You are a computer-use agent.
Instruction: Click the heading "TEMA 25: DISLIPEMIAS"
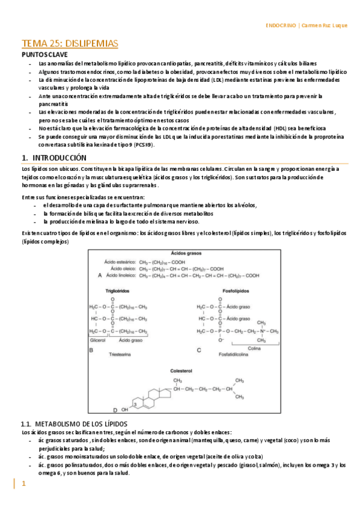70,43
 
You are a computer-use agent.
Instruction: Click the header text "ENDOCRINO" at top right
281,26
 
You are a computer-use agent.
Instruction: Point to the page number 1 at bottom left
24,484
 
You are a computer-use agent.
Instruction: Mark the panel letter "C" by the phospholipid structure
199,349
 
